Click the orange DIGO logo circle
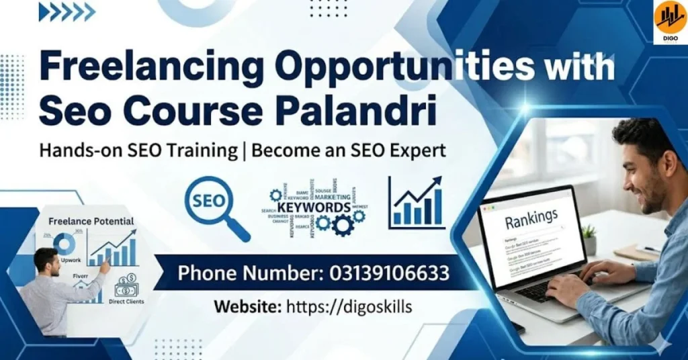(x=670, y=17)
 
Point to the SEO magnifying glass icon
(x=214, y=204)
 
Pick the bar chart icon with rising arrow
(x=417, y=203)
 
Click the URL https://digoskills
(x=349, y=307)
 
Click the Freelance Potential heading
(x=91, y=221)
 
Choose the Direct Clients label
(x=126, y=302)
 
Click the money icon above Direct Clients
(x=126, y=285)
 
